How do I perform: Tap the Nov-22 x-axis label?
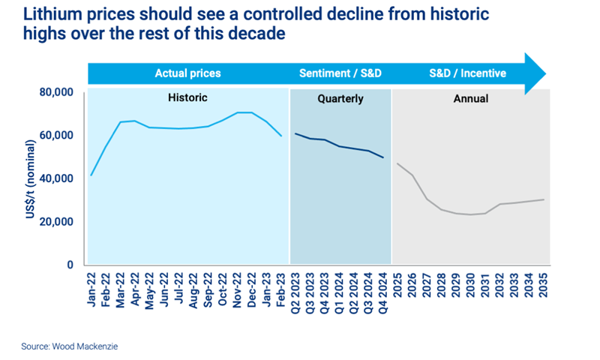[238, 289]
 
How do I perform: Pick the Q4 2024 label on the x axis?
[385, 291]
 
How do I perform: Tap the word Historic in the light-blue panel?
[187, 98]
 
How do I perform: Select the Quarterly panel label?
[340, 98]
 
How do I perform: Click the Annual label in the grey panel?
[471, 98]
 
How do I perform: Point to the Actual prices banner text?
[187, 73]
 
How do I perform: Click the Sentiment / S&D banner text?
[340, 73]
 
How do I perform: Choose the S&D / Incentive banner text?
[467, 73]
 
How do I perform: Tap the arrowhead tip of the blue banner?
[546, 73]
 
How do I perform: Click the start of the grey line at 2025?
[398, 163]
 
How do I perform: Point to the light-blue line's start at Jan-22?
[91, 175]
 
